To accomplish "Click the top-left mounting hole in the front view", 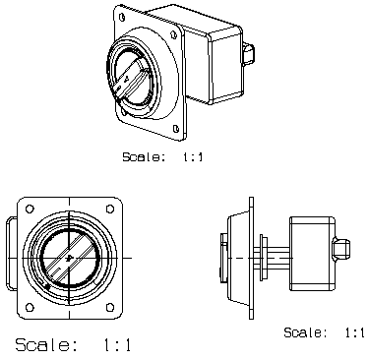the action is click(30, 209).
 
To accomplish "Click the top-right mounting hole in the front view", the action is click(110, 209).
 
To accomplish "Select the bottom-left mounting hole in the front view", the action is click(30, 307).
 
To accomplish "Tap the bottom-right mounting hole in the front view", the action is click(110, 307).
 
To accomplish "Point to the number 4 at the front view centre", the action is click(69, 258).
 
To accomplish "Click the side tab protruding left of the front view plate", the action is click(12, 253).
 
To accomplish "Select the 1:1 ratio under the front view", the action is click(117, 345).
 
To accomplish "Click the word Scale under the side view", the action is click(305, 332).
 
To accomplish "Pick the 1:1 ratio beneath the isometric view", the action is click(193, 156).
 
